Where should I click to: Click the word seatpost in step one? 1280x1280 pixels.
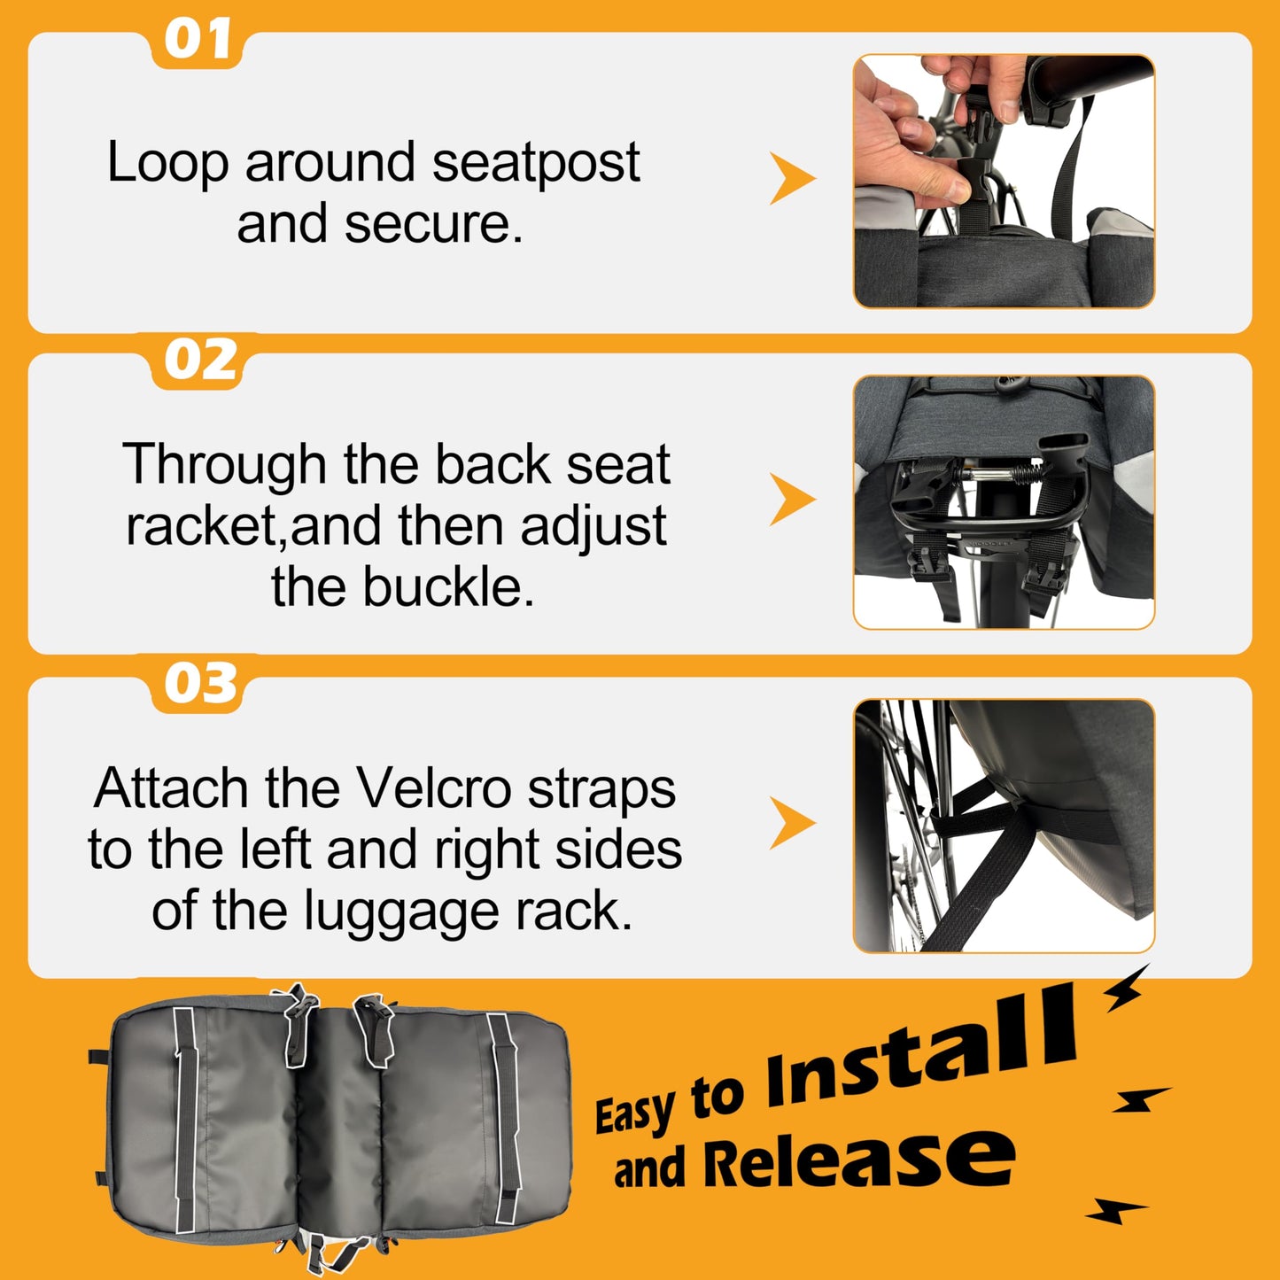pyautogui.click(x=536, y=163)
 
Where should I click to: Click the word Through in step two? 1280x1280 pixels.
pyautogui.click(x=224, y=466)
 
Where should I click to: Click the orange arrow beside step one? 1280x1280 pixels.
pyautogui.click(x=792, y=178)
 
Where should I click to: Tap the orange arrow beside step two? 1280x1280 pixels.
pyautogui.click(x=792, y=500)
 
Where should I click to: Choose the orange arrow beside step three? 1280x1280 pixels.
pyautogui.click(x=792, y=823)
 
